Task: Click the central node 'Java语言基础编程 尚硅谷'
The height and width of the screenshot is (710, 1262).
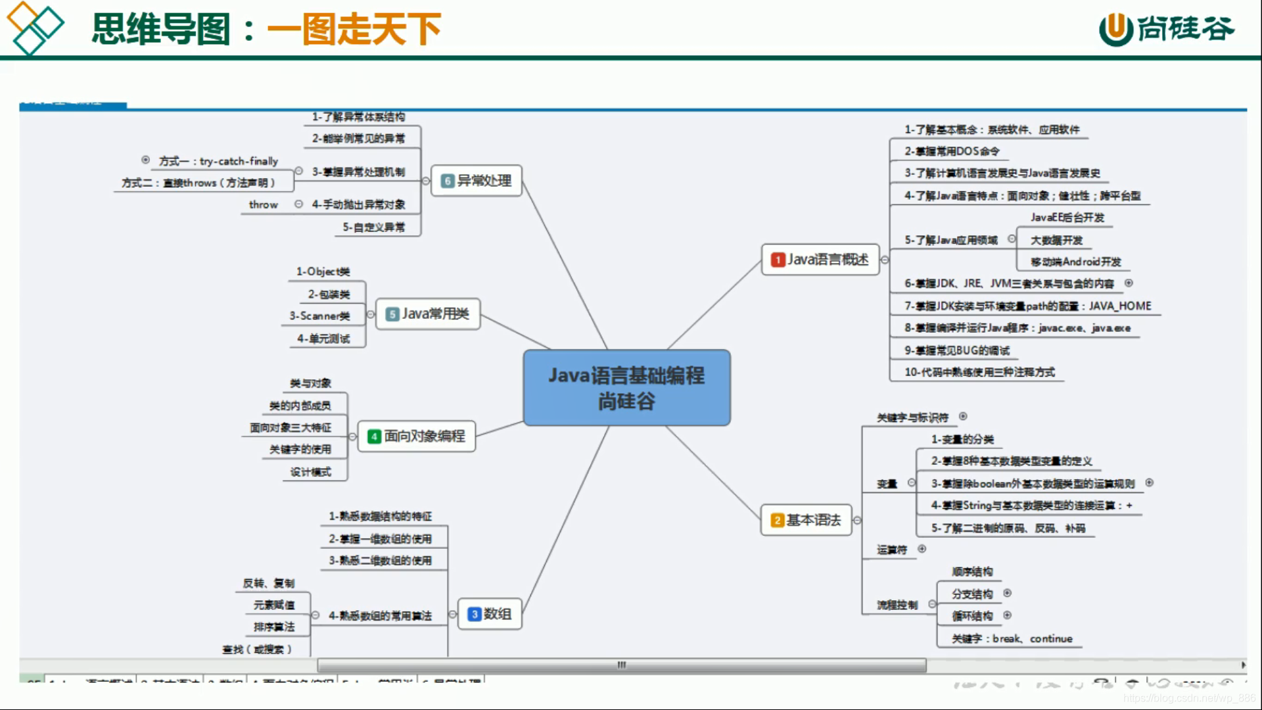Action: tap(626, 388)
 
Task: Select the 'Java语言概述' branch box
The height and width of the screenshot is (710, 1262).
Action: tap(820, 260)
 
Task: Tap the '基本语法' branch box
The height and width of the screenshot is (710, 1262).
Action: tap(806, 520)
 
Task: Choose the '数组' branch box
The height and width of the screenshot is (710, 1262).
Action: tap(490, 614)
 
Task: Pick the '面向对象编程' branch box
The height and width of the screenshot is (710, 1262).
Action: tap(417, 437)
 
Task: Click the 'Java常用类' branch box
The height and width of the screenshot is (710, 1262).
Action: tap(427, 314)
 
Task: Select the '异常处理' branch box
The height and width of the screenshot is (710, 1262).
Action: tap(477, 181)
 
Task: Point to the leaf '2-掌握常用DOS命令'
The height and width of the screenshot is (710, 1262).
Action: tap(952, 151)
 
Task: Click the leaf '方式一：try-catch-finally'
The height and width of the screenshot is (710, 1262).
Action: tap(218, 161)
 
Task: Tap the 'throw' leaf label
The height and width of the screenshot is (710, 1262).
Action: tap(263, 205)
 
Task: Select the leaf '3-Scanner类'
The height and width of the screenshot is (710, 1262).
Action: tap(319, 316)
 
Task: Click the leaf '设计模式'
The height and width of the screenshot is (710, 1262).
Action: tap(310, 472)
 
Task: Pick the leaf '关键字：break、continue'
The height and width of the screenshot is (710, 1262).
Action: tap(1012, 638)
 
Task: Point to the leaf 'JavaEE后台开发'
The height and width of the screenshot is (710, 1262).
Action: tap(1067, 218)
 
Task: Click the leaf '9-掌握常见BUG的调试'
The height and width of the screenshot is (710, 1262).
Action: tap(956, 350)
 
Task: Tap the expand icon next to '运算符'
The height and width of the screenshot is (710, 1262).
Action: tap(922, 549)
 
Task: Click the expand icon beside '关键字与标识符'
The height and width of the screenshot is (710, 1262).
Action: tap(963, 416)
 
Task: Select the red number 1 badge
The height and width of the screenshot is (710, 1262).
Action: tap(778, 260)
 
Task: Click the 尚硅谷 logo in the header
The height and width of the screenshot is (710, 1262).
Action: tap(1167, 29)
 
